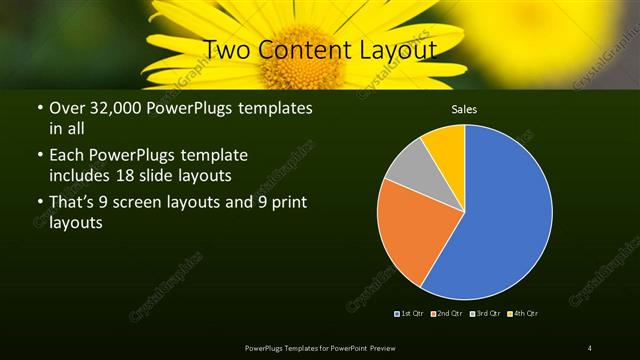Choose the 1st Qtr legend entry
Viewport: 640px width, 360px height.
point(410,314)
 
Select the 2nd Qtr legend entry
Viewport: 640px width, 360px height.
point(447,314)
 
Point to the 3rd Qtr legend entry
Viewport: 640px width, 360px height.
point(484,314)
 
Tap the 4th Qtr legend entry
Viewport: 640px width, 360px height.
point(522,314)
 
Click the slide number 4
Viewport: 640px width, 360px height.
point(590,347)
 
